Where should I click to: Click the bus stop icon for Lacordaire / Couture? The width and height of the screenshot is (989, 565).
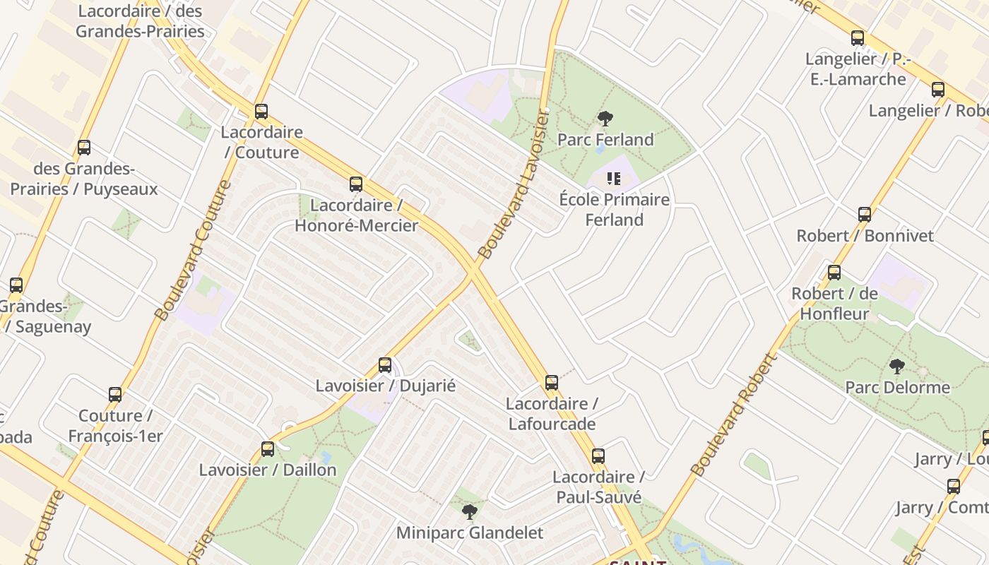[x=261, y=112]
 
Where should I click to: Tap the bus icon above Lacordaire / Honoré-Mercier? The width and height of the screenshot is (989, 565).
[x=356, y=184]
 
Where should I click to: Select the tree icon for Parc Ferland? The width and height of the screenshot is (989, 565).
[x=605, y=119]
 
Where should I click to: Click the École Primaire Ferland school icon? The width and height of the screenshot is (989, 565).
[x=614, y=179]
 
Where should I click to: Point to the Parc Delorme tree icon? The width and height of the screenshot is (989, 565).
[x=897, y=367]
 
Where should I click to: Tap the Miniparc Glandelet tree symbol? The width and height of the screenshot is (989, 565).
[x=469, y=511]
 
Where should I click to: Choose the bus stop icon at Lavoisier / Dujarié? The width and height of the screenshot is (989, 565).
[x=385, y=365]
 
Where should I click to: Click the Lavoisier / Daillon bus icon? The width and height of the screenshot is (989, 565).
[x=268, y=449]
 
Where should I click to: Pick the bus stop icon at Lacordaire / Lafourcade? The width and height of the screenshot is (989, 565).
[x=552, y=383]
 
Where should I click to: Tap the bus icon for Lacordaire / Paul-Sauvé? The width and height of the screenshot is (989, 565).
[x=598, y=456]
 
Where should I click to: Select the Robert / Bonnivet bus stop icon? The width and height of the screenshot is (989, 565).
[x=865, y=215]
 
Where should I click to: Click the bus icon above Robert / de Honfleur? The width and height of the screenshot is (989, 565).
[x=834, y=273]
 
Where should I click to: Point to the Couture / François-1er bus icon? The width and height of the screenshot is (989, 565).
[x=115, y=395]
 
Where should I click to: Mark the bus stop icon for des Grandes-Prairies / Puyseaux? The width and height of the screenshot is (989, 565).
[x=84, y=148]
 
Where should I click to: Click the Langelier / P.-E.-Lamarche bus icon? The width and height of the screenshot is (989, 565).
[x=858, y=38]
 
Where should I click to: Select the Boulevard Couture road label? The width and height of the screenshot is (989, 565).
[x=192, y=251]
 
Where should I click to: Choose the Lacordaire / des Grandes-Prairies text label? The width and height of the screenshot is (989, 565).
[x=140, y=21]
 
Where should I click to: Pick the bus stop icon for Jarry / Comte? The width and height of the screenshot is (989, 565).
[x=954, y=487]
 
